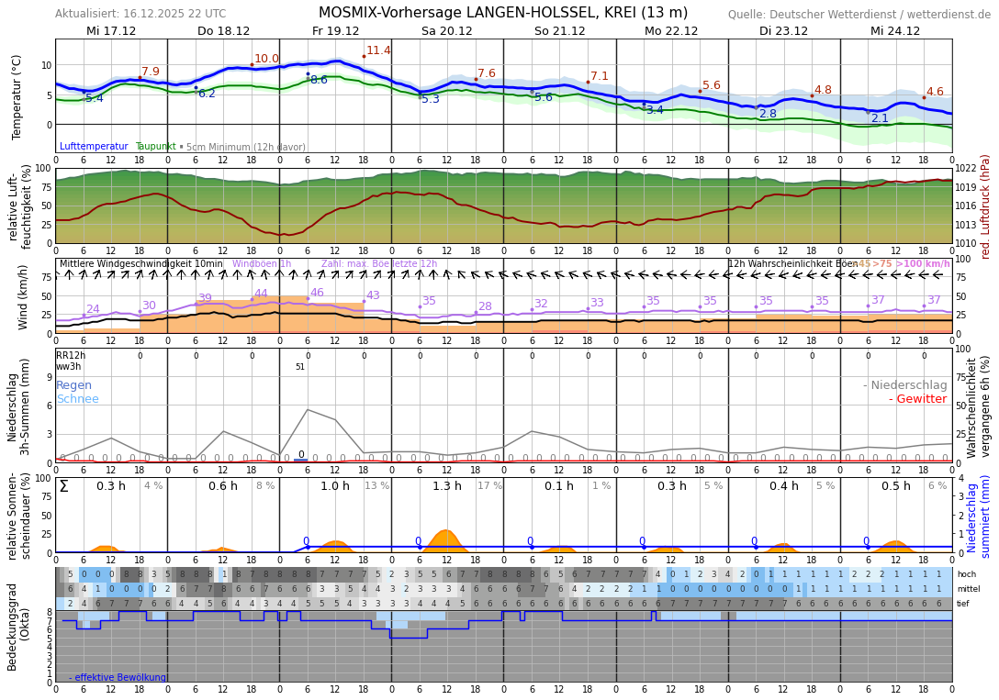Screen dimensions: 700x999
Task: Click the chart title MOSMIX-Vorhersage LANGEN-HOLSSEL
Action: (502, 13)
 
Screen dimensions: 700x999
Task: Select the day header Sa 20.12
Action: (447, 31)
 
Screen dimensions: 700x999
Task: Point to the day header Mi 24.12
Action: (895, 31)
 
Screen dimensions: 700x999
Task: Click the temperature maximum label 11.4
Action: (378, 50)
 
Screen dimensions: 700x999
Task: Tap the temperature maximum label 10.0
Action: (266, 59)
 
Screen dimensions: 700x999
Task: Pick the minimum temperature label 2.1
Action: (880, 118)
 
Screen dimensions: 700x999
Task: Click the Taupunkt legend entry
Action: (155, 147)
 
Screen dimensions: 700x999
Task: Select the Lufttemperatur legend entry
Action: (94, 147)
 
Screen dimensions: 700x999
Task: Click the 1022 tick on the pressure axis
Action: (966, 169)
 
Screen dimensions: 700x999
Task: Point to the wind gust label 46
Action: (317, 293)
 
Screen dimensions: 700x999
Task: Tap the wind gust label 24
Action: (93, 309)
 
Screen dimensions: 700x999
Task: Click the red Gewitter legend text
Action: (917, 399)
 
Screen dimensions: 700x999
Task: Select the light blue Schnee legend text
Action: (77, 399)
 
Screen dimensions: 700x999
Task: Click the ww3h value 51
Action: (299, 367)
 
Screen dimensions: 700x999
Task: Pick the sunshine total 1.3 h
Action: (447, 486)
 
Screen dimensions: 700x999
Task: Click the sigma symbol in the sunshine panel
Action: (63, 486)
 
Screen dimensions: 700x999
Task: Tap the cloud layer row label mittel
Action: (967, 589)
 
